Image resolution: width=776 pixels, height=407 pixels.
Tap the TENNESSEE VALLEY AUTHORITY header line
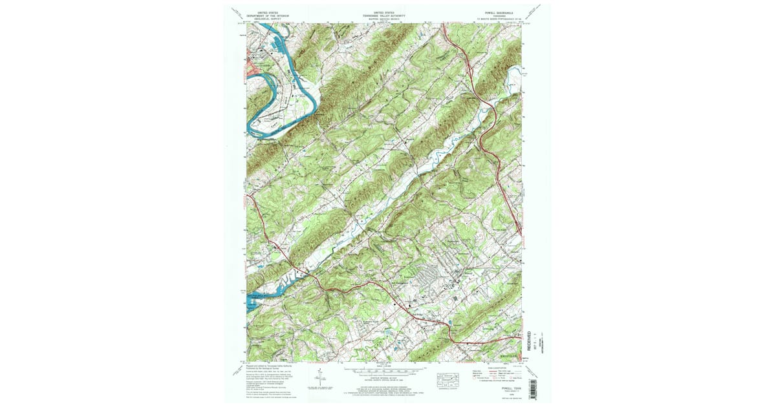(x=388, y=15)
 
